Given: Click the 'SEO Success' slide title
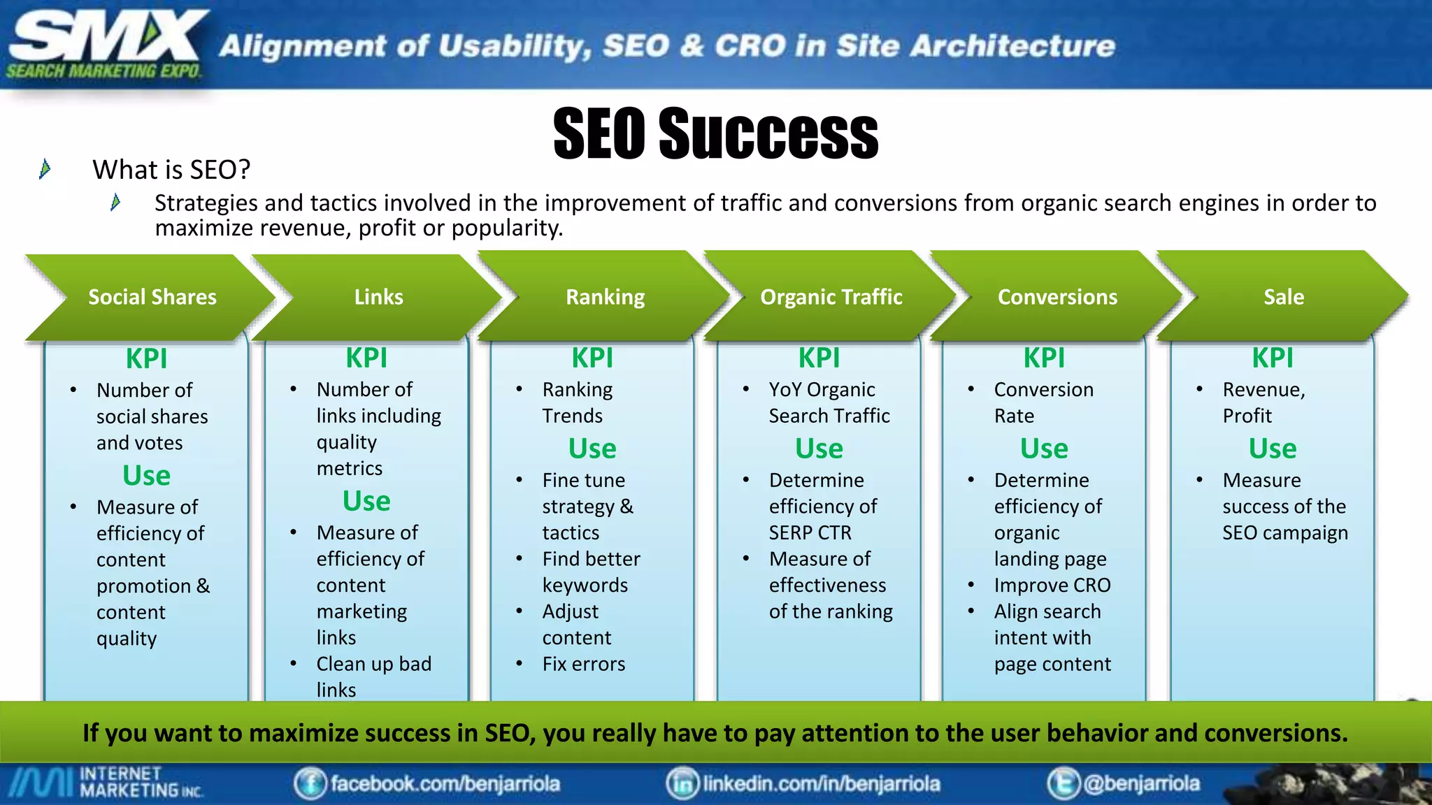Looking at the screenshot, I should [x=715, y=133].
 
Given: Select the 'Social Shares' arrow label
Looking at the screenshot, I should [x=152, y=297].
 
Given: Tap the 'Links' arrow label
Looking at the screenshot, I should [x=378, y=297].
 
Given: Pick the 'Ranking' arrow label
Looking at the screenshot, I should [x=605, y=297].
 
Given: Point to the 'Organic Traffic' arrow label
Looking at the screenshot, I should [x=831, y=297].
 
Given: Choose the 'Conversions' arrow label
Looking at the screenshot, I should [x=1057, y=297].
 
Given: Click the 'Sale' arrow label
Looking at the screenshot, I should [x=1283, y=297].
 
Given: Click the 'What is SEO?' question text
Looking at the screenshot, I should [x=171, y=170].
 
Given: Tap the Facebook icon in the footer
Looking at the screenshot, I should [x=310, y=783].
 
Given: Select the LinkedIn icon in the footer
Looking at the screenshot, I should [x=682, y=783].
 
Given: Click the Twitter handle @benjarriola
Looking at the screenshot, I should [x=1141, y=783].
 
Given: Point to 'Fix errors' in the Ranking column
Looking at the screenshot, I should [x=583, y=664].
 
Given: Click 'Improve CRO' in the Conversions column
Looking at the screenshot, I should [x=1052, y=585].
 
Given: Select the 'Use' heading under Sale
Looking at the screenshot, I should [x=1272, y=449].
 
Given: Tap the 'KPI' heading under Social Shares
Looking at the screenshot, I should [x=146, y=358].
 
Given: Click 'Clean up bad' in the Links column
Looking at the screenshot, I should [x=373, y=664].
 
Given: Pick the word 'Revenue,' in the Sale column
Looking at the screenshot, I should [x=1263, y=390].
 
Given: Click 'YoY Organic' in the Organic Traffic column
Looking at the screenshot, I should [x=822, y=390].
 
